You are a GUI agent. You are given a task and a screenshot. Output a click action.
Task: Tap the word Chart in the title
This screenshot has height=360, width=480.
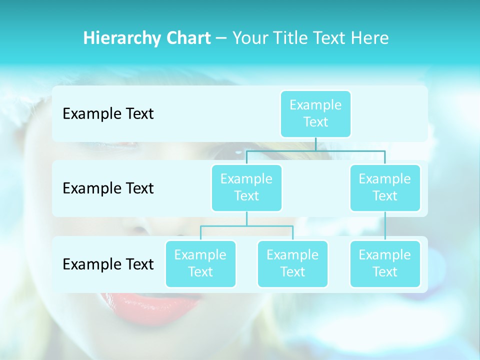click(187, 38)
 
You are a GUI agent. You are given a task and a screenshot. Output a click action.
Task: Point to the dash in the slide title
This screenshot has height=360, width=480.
click(221, 38)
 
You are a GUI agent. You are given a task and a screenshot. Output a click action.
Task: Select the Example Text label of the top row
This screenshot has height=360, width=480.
click(108, 114)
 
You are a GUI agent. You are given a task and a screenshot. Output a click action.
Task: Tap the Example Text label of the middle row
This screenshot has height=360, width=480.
click(108, 188)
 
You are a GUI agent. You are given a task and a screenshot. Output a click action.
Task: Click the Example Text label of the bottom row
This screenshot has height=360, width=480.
click(108, 264)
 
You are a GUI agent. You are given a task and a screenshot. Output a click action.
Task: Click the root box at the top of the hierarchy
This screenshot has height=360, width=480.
click(315, 113)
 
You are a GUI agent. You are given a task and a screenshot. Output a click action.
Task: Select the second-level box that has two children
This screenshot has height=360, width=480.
click(246, 187)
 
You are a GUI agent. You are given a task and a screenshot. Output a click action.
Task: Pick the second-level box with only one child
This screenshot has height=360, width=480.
click(385, 187)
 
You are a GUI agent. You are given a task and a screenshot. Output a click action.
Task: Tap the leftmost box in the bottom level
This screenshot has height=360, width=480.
click(200, 263)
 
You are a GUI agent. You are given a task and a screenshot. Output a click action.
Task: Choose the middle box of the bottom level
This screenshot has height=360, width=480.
click(292, 263)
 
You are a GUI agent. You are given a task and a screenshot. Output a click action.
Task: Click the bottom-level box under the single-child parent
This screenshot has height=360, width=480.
click(385, 263)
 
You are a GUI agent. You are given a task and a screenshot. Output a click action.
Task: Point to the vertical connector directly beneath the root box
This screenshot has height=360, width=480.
click(315, 144)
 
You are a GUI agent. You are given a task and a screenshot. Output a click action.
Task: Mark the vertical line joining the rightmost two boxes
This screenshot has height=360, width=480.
click(385, 225)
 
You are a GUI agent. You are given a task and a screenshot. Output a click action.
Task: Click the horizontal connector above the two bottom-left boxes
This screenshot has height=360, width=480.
click(246, 226)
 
